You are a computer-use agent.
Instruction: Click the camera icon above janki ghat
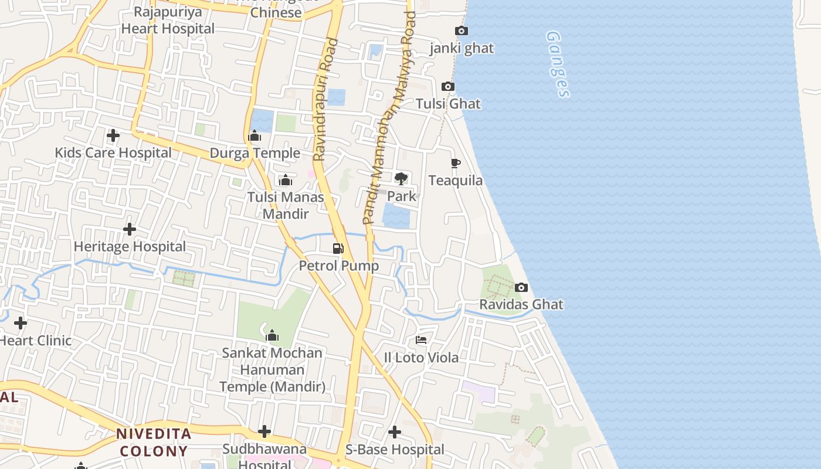coord(462,30)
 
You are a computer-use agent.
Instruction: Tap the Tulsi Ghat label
coord(448,104)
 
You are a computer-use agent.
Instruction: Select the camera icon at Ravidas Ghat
coord(521,287)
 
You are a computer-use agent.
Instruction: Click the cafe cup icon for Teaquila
coord(456,163)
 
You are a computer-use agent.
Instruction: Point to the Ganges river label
coord(558,64)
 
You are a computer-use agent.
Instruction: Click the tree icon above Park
coord(401,178)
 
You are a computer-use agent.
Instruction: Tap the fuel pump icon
coord(338,249)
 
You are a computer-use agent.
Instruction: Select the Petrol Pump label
coord(339,266)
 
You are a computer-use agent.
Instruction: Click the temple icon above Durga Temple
coord(255,136)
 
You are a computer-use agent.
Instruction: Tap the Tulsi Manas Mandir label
coord(286,205)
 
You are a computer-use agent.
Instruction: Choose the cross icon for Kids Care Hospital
coord(113,135)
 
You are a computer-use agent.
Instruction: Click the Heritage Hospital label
coord(130,246)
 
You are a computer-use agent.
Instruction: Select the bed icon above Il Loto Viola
coord(421,340)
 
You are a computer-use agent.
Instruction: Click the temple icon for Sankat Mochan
coord(272,336)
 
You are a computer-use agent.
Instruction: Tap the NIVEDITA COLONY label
coord(154,443)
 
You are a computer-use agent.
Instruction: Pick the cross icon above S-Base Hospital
coord(395,432)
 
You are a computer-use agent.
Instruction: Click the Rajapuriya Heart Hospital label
coord(168,20)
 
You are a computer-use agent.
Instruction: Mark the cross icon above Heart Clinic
coord(21,323)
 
